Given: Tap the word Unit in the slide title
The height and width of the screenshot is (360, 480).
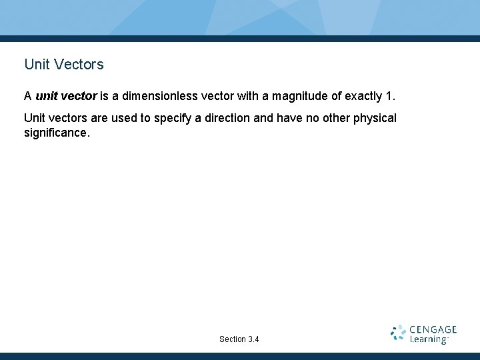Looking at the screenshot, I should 37,65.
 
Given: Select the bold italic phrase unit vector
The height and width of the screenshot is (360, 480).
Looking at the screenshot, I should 66,96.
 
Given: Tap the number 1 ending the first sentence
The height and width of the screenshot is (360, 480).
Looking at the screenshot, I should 389,96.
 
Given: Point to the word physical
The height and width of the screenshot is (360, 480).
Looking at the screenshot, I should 376,118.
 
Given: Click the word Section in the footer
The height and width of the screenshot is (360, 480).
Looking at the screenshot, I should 232,339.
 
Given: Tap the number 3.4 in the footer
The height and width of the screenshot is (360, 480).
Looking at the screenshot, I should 253,339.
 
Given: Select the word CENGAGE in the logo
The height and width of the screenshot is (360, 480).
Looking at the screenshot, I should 433,329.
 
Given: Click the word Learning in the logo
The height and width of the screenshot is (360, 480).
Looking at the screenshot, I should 428,339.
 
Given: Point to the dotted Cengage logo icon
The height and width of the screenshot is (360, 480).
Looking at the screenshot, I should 398,333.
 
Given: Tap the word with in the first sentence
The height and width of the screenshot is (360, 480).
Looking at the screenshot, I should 248,96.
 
